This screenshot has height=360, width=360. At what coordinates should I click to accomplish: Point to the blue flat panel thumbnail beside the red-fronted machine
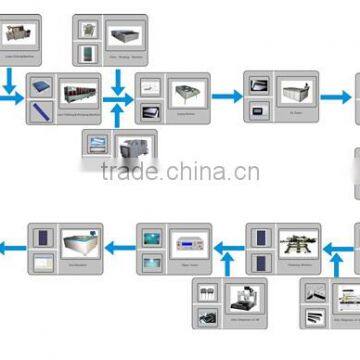coord(42,86)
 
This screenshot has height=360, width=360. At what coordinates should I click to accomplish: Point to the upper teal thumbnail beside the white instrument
coord(151,237)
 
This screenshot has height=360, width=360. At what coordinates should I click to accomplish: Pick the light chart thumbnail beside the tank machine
coord(42,261)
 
